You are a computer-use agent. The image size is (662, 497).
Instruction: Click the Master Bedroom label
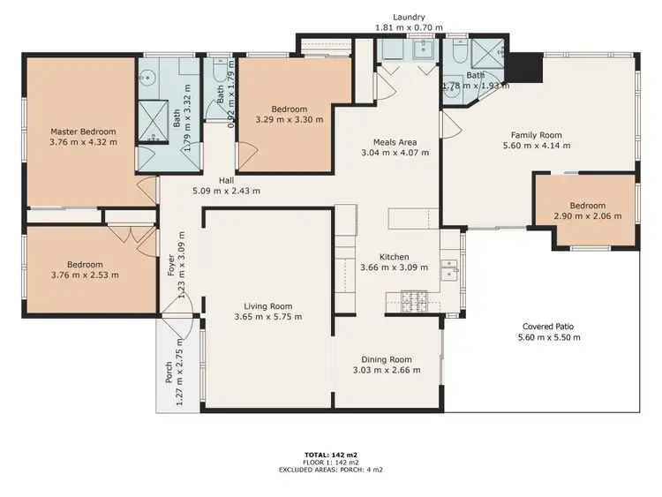82,132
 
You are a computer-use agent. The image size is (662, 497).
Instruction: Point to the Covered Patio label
551,326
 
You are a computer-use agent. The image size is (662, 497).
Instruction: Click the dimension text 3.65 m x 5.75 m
268,317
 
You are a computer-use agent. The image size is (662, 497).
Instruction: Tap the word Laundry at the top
410,17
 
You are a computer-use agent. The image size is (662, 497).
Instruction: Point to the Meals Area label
395,141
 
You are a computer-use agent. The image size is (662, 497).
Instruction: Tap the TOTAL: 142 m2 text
331,456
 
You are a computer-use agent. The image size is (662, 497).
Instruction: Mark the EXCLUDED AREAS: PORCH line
331,470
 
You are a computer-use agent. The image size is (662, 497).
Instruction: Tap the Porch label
169,373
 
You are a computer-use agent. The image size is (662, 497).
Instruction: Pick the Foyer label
172,266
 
